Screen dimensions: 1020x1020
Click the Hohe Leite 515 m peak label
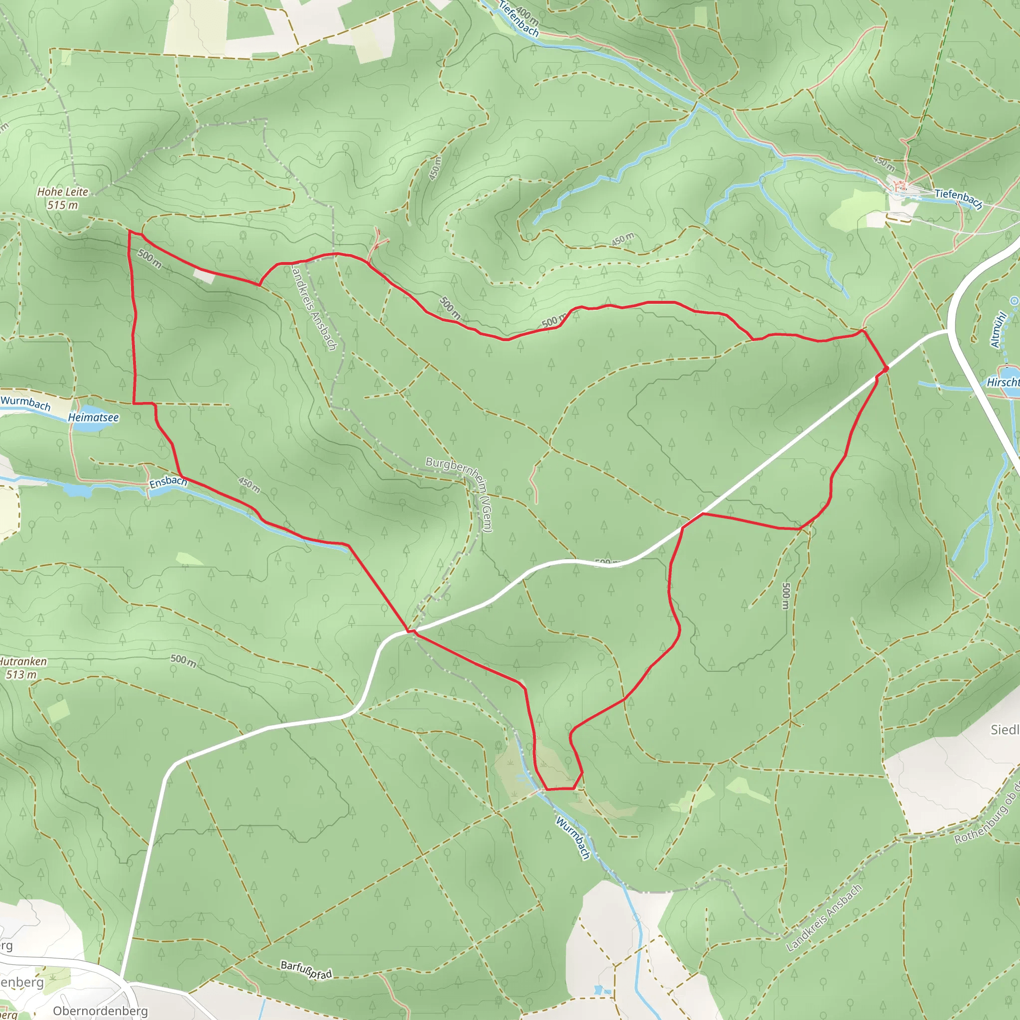point(62,199)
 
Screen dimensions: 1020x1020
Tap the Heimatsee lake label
point(93,417)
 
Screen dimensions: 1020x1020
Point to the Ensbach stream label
point(168,482)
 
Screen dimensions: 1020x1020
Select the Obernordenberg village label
point(100,1011)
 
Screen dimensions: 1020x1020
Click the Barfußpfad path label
point(306,970)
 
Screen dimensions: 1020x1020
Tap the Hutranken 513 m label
point(23,668)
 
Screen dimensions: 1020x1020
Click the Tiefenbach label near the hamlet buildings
point(958,198)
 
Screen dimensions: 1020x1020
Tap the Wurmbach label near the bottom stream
point(573,837)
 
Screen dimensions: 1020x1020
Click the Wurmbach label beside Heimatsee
point(25,403)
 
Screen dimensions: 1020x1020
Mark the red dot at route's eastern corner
point(887,369)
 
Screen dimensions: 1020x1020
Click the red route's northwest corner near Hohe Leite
point(129,231)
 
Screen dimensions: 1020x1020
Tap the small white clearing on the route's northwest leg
point(204,275)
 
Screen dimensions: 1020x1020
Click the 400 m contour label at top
point(527,16)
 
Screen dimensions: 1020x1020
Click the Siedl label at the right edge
point(1004,730)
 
